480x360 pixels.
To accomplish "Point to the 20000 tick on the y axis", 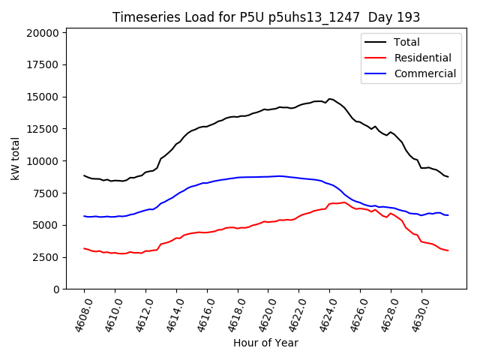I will pyautogui.click(x=43, y=33).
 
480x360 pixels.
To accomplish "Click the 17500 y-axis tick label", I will pyautogui.click(x=43, y=64).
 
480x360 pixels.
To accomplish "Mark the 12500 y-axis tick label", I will pyautogui.click(x=43, y=129).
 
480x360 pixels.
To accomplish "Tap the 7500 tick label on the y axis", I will pyautogui.click(x=46, y=193).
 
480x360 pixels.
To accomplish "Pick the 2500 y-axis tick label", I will pyautogui.click(x=46, y=257).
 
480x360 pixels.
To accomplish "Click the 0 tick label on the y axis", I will pyautogui.click(x=56, y=289).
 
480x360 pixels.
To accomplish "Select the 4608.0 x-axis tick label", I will pyautogui.click(x=79, y=315).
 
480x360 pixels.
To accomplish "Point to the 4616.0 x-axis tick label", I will pyautogui.click(x=202, y=315).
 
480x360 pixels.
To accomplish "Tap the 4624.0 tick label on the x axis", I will pyautogui.click(x=325, y=315).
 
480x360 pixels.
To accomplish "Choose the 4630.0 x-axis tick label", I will pyautogui.click(x=416, y=315).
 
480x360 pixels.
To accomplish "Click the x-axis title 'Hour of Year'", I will pyautogui.click(x=265, y=343).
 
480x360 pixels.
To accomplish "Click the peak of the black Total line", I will pyautogui.click(x=329, y=99).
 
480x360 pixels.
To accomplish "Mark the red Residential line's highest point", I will pyautogui.click(x=344, y=202).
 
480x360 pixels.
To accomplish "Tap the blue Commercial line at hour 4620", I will pyautogui.click(x=268, y=176).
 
